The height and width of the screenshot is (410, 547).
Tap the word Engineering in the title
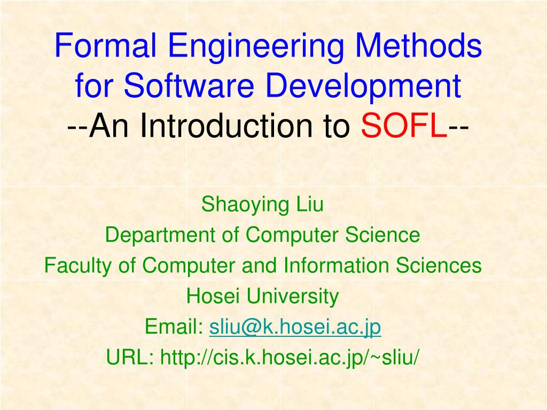point(251,48)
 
